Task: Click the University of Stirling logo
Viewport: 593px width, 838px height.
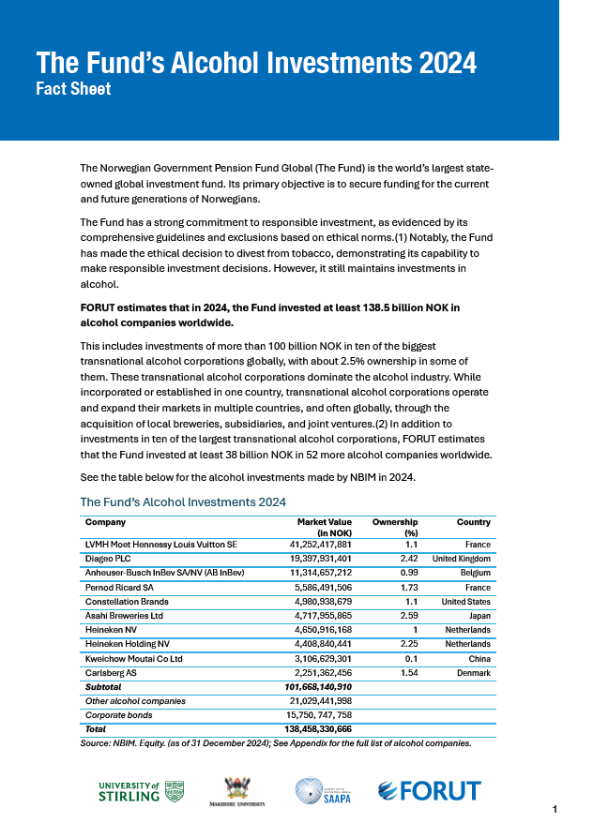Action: pos(142,791)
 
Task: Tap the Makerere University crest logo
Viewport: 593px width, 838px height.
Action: pos(243,791)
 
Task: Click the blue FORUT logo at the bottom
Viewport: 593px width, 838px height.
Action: pos(429,791)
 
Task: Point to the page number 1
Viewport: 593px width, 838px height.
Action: pos(555,809)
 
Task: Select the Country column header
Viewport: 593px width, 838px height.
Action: pos(473,522)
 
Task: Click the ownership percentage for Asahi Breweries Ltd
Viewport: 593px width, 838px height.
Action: pos(407,616)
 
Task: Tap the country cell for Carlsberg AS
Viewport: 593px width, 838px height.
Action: pos(474,673)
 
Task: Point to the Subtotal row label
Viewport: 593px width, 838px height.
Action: pos(103,687)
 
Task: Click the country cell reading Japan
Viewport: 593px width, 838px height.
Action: pos(479,616)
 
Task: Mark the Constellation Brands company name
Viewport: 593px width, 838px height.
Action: pos(127,602)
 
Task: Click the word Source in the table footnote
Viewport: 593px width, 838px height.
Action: pos(97,742)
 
